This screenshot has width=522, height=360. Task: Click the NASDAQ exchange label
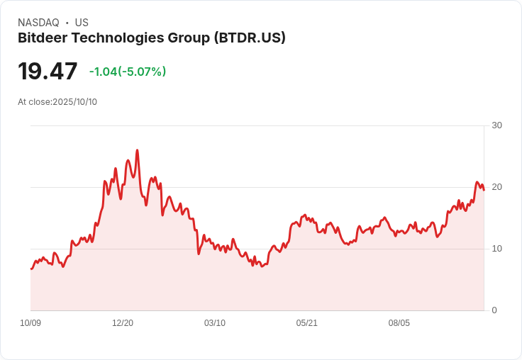pos(38,23)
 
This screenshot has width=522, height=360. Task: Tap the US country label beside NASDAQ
pos(82,23)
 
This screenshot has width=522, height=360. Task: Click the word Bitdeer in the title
pos(42,38)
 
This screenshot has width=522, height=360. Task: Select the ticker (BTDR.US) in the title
pos(250,38)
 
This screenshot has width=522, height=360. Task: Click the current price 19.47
pos(48,71)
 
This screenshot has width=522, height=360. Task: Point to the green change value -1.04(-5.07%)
pos(128,72)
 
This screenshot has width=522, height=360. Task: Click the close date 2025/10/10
pos(74,102)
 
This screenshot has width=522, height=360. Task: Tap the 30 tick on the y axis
pos(496,125)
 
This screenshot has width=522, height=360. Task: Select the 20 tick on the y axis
pos(496,187)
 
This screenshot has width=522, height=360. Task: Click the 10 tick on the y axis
pos(496,249)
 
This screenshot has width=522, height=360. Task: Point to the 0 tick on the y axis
pos(494,310)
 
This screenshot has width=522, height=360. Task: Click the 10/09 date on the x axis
pos(30,323)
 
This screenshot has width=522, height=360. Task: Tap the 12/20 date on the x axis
pos(123,323)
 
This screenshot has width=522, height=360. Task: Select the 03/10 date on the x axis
pos(215,323)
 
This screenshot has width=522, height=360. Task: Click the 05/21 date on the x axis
pos(307,323)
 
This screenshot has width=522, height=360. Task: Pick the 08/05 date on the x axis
pos(399,323)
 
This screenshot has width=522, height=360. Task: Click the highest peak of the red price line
pos(137,150)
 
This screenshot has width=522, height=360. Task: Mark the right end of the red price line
pos(484,190)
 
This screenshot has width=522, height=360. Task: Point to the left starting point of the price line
pos(31,269)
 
